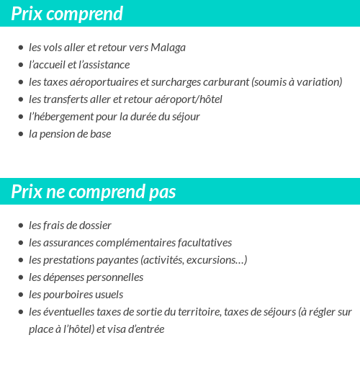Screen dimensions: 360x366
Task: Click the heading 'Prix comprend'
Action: pos(67,14)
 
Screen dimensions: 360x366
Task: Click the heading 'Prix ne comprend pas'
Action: pos(94,192)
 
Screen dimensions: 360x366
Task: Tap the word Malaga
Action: pos(168,48)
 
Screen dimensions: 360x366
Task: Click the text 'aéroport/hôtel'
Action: pos(189,99)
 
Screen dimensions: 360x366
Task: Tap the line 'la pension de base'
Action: pos(70,134)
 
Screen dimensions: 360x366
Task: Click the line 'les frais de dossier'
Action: pos(70,226)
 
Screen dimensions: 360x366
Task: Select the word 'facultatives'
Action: pos(204,243)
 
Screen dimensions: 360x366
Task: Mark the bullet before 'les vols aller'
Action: pos(21,48)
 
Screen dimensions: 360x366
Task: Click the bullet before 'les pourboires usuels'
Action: pos(21,295)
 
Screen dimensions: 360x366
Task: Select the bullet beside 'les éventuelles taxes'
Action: pos(21,313)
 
